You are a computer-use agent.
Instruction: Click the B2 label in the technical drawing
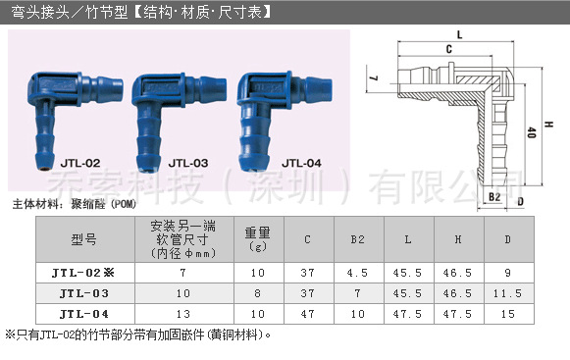coord(495,197)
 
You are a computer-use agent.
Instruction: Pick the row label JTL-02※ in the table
coord(85,273)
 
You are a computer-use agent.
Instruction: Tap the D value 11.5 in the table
coord(507,293)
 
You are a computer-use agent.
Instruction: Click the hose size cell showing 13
coord(182,314)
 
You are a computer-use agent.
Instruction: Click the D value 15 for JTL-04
coord(507,314)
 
